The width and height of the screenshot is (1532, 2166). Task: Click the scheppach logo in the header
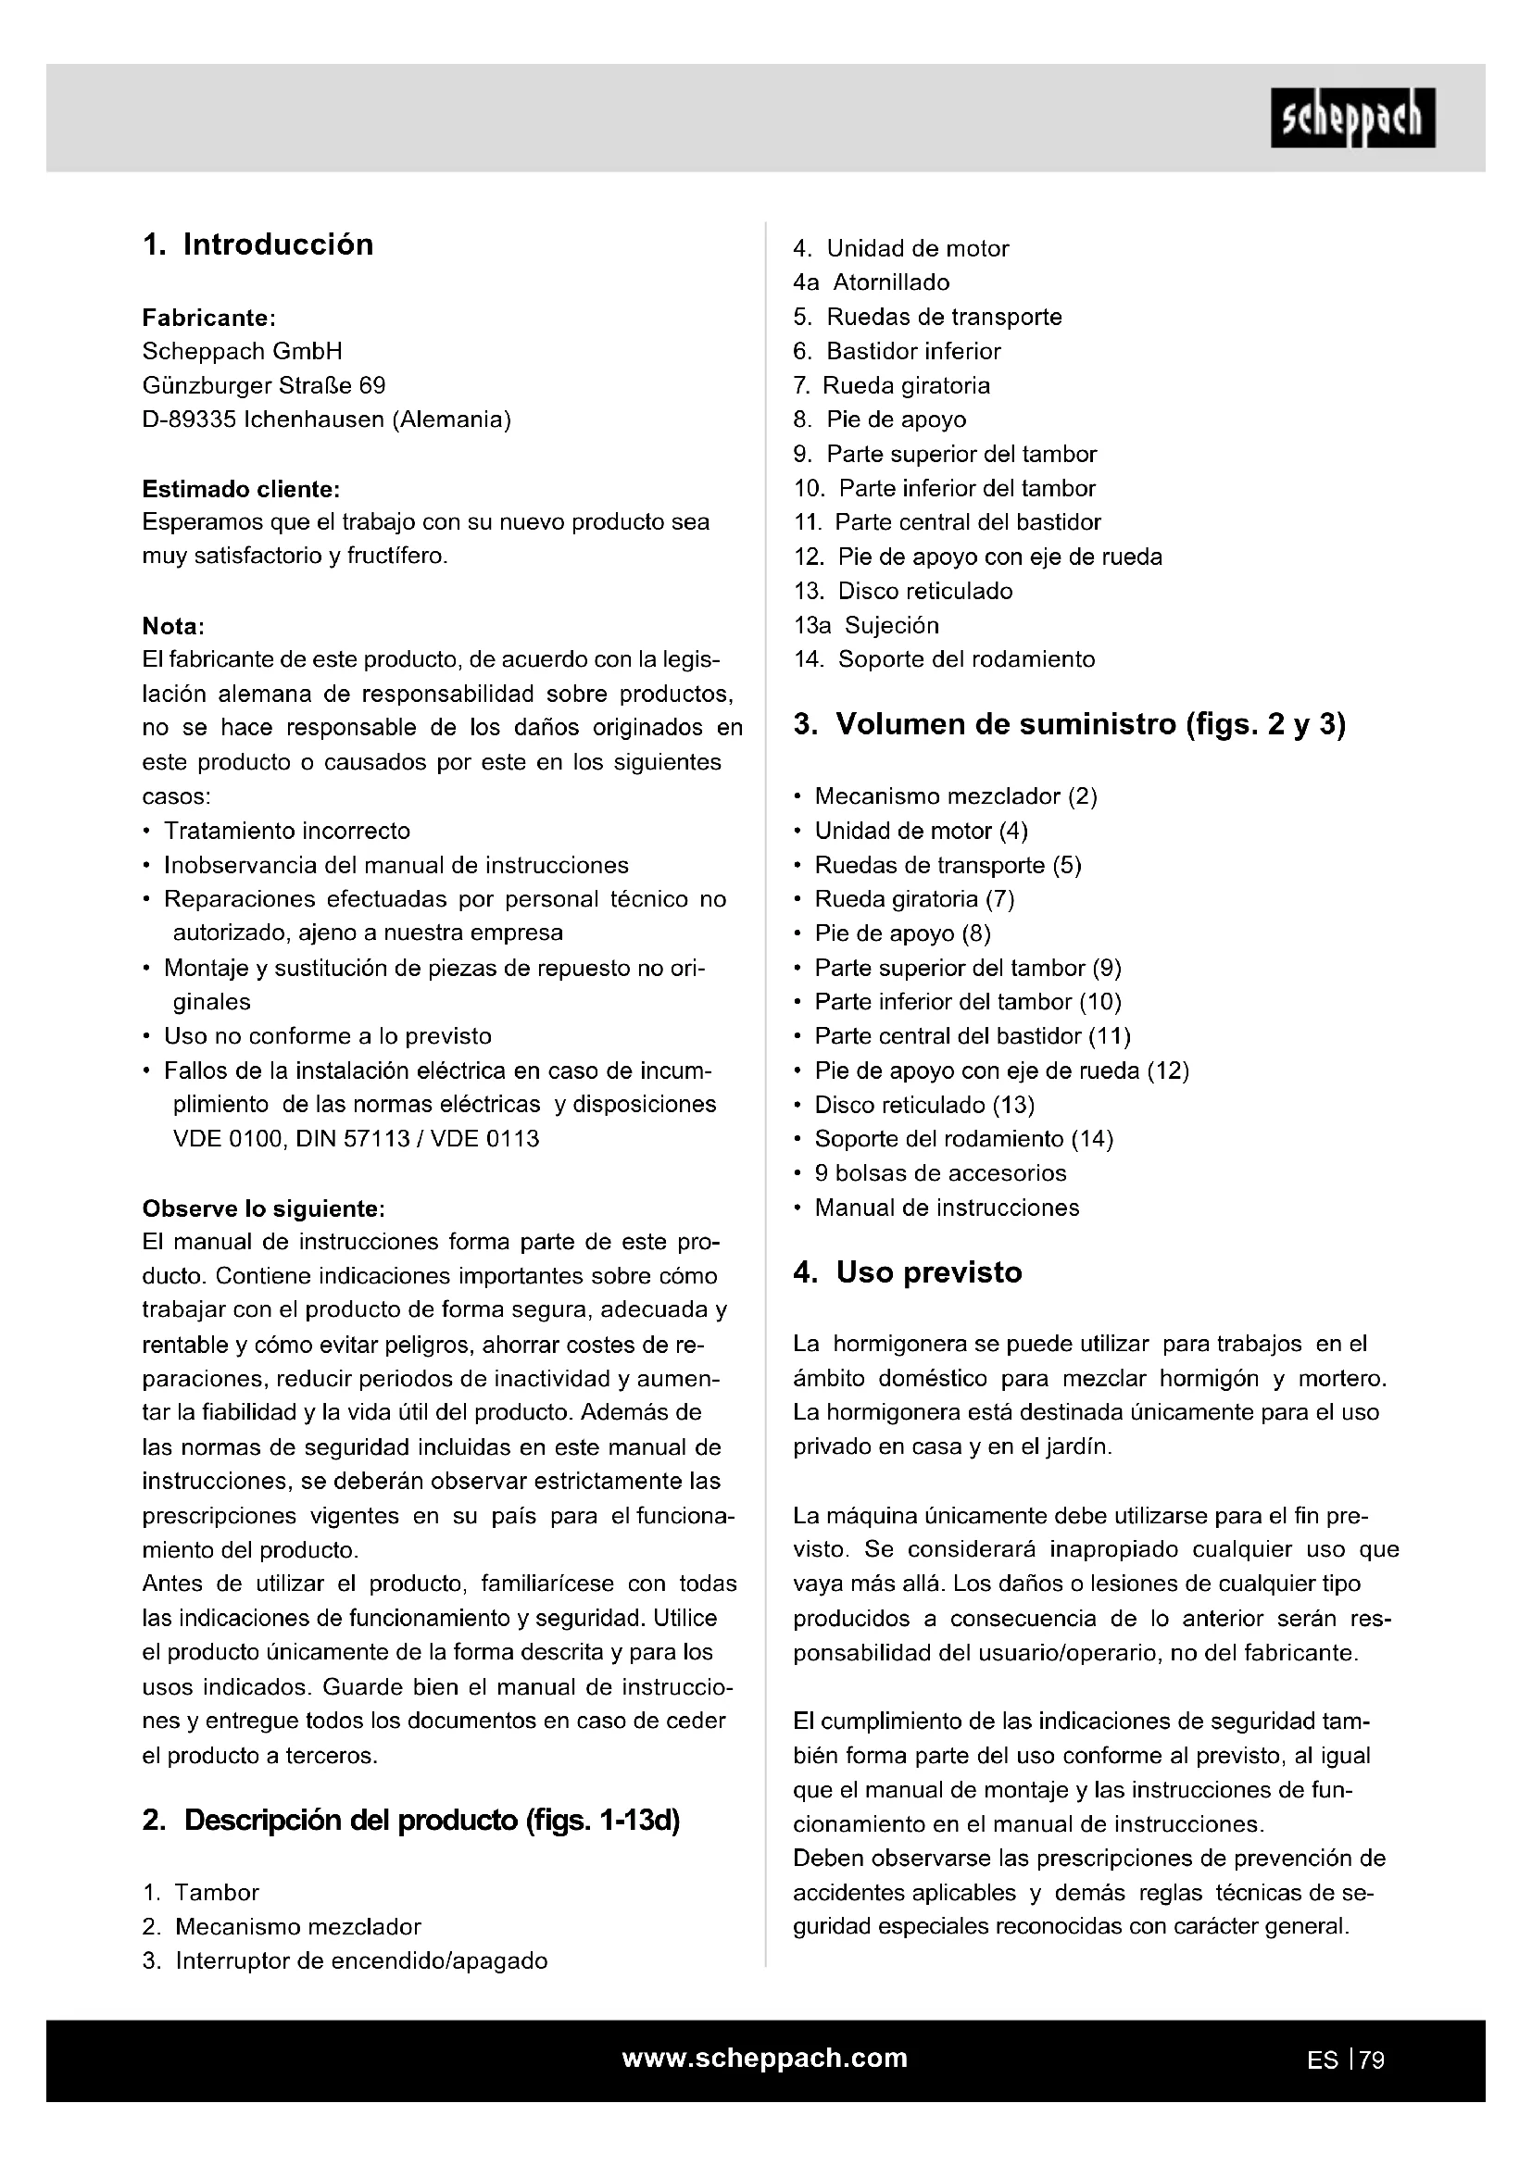click(1351, 118)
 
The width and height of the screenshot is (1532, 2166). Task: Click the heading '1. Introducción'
click(257, 244)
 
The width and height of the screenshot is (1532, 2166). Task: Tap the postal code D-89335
click(189, 419)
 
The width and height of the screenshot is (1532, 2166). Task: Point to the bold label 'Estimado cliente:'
click(241, 490)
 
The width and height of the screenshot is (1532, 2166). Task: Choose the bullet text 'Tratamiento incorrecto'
click(287, 831)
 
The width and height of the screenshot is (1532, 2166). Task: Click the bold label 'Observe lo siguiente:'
click(263, 1208)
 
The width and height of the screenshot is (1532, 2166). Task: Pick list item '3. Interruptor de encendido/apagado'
click(345, 1961)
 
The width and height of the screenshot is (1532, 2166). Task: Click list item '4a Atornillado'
click(871, 282)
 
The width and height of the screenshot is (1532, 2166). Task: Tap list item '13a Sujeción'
click(866, 625)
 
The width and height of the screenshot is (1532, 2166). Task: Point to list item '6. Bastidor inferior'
click(897, 351)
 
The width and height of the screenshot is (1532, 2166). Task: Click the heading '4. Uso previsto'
click(908, 1272)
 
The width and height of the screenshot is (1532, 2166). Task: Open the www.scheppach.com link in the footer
click(765, 2059)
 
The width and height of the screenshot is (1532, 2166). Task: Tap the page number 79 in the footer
click(1372, 2060)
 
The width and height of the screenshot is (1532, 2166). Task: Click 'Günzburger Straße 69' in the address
click(263, 386)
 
